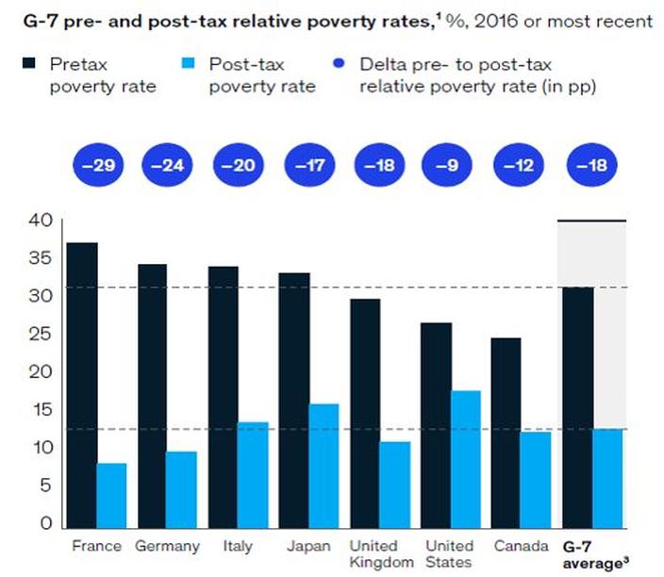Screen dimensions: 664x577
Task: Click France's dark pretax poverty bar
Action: coord(82,386)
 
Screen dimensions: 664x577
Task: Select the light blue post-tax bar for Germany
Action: coord(181,490)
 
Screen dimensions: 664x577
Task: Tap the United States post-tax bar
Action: coord(466,459)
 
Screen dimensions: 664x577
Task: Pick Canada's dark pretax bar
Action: coord(506,433)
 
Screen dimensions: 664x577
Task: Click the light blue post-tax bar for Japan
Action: coord(324,466)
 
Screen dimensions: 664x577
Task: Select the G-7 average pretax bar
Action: coord(578,407)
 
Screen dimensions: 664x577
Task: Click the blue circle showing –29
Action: coord(98,165)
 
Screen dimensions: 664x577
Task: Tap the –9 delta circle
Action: coord(447,165)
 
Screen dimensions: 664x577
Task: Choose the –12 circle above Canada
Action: coord(519,165)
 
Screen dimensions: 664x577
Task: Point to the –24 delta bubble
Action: coord(167,165)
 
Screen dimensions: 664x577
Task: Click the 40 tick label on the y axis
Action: coord(41,220)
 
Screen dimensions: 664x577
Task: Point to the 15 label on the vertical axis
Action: coord(41,410)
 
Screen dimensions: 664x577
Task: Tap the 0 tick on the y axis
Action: coord(46,523)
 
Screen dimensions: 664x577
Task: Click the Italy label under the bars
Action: coord(238,546)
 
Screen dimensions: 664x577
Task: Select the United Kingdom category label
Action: coord(381,554)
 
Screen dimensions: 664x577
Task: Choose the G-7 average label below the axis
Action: coord(595,555)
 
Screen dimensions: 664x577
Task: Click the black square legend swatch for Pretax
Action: coord(29,63)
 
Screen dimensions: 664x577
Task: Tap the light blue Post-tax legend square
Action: coord(188,63)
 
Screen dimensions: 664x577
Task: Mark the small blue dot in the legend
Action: coord(339,63)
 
